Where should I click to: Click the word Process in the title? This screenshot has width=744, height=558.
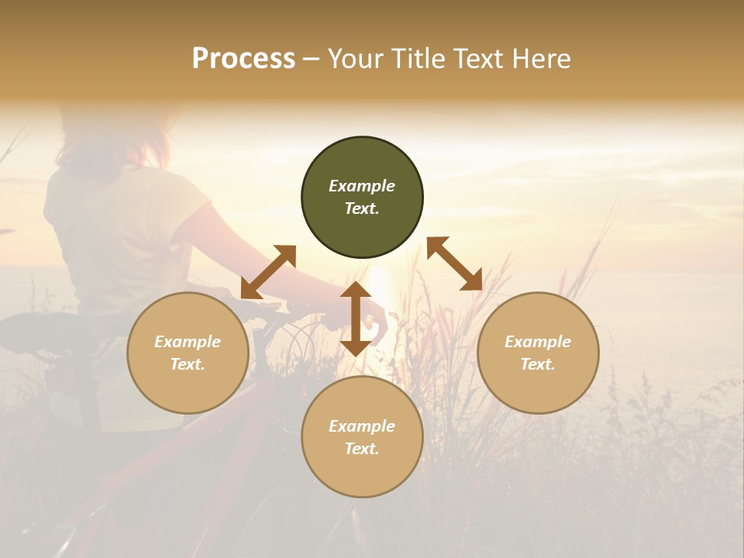[x=243, y=58]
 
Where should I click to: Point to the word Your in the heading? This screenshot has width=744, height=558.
[x=353, y=58]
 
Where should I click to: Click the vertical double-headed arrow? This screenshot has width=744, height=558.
[x=355, y=319]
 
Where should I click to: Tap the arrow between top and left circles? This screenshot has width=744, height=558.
[x=268, y=271]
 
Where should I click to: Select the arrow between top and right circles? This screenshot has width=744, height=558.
[x=454, y=263]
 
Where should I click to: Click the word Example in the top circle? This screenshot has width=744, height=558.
[x=362, y=186]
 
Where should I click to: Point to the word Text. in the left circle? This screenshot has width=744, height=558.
[x=188, y=364]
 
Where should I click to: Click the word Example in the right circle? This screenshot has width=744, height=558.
[x=538, y=342]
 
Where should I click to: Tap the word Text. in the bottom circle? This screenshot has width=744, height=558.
[x=362, y=449]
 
